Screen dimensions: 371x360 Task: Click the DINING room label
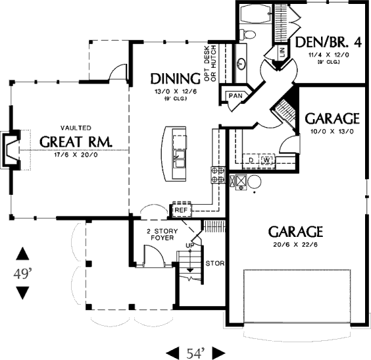point(176,79)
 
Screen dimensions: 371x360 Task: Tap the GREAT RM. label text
point(76,141)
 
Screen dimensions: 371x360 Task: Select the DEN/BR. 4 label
point(329,42)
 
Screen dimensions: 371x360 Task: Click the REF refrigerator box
point(182,210)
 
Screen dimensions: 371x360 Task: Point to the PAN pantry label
point(235,96)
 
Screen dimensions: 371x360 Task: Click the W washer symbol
point(267,160)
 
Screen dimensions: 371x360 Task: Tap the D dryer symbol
point(251,160)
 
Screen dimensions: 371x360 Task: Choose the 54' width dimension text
point(195,353)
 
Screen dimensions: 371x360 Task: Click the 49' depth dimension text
point(22,274)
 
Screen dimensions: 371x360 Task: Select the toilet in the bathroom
point(247,35)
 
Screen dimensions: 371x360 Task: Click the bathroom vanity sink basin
point(241,63)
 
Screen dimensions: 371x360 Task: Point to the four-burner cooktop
point(218,174)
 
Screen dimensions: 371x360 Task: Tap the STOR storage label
point(215,263)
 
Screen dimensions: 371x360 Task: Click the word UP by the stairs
point(189,245)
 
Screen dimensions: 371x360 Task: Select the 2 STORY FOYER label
point(162,234)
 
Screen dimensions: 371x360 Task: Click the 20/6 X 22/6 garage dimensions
point(295,244)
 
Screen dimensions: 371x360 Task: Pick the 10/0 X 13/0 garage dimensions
point(332,132)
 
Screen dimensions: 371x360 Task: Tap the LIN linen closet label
point(282,52)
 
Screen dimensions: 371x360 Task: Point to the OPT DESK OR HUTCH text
point(210,63)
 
